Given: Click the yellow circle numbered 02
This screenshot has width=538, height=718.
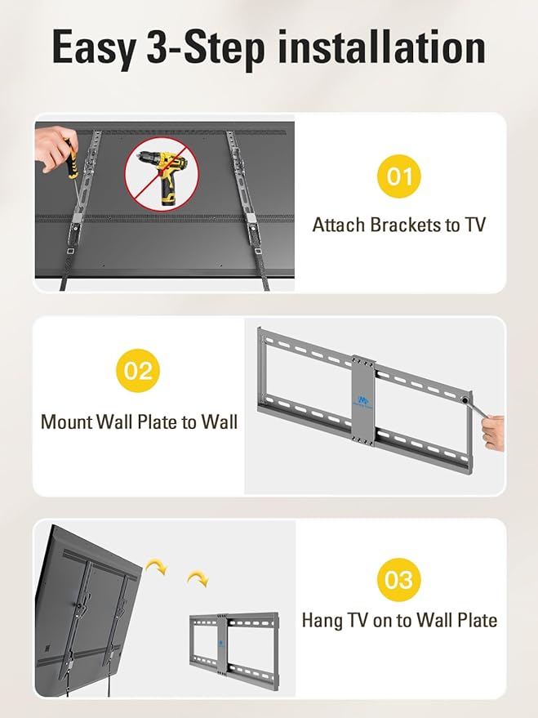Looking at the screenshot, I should point(138,371).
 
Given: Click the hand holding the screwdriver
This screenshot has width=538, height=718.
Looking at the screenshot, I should point(55,151).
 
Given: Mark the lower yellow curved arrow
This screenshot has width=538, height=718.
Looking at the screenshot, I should point(197,581).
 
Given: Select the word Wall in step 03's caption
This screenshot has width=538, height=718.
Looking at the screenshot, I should point(438,620).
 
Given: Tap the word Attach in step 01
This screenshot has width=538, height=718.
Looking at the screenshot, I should point(339,225).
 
